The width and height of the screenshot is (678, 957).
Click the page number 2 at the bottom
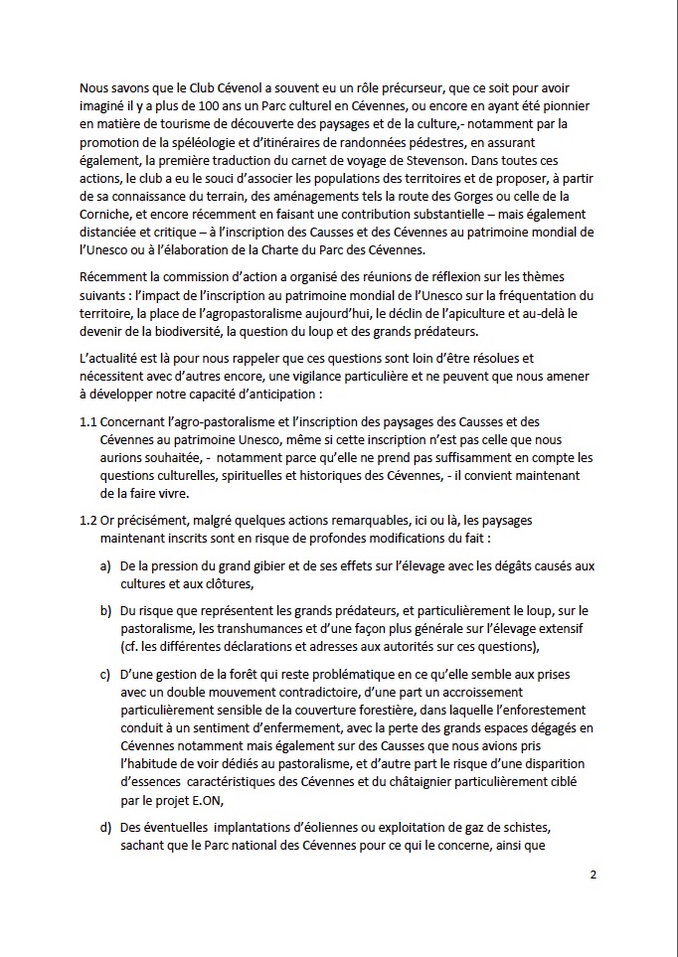(x=593, y=876)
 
